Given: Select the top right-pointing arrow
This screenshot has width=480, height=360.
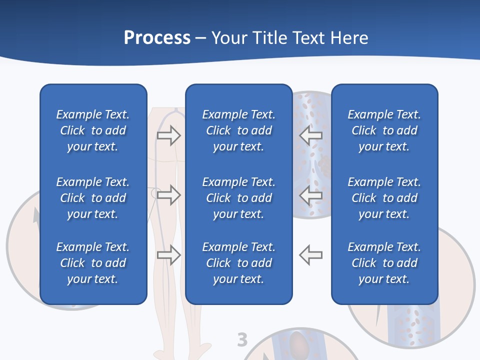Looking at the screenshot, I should (169, 135).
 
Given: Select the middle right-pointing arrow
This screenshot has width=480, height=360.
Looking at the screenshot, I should (169, 194).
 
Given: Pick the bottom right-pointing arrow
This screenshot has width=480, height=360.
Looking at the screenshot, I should (169, 255).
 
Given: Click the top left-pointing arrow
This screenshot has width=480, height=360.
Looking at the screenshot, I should (310, 135).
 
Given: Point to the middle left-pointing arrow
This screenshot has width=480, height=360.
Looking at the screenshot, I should (310, 194).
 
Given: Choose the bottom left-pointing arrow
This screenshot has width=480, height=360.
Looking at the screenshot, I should (310, 255).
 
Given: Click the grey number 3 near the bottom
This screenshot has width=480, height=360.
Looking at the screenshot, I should (242, 340).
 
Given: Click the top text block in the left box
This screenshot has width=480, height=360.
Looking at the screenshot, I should (93, 130).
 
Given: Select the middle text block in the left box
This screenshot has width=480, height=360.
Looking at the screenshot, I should (93, 198).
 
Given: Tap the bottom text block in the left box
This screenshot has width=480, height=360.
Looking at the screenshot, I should (93, 263).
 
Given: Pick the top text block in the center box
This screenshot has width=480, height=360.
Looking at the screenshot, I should (239, 130).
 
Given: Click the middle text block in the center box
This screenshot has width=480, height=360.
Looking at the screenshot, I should (239, 198).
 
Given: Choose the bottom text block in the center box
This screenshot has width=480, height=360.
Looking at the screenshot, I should (239, 263).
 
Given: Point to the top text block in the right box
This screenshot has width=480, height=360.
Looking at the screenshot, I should (384, 130).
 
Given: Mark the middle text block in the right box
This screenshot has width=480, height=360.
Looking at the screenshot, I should (384, 198).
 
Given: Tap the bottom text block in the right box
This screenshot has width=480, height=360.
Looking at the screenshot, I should (384, 263).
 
